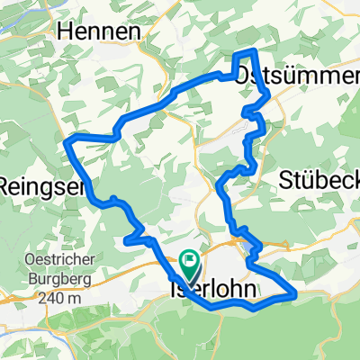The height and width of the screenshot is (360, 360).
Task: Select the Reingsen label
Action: (41, 186)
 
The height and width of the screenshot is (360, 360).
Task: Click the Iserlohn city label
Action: (212, 290)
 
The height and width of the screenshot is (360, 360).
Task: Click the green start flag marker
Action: (190, 264)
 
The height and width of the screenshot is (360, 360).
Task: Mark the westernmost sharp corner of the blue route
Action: (66, 140)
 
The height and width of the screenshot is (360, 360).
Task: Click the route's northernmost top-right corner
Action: (256, 50)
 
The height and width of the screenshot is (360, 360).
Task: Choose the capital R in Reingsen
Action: (7, 186)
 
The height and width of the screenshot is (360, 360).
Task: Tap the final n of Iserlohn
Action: (248, 290)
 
